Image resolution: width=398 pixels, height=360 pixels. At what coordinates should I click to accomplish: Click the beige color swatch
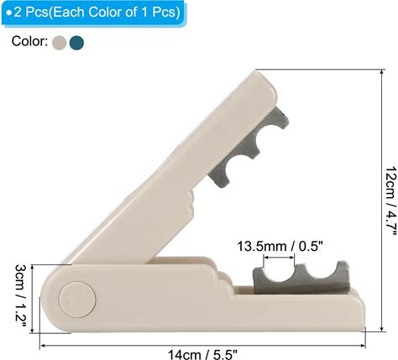coord(59,43)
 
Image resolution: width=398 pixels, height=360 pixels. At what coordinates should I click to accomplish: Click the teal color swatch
coord(76,43)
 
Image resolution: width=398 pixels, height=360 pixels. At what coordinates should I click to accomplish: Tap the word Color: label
coord(29,41)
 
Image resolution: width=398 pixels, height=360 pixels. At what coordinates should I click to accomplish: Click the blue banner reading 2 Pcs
coord(94,13)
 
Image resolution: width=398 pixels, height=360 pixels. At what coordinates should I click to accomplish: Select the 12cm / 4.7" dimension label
coord(391,201)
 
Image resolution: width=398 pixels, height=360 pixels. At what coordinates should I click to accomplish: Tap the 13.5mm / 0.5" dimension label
coord(280,247)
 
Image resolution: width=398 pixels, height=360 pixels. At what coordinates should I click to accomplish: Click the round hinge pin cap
coord(77,300)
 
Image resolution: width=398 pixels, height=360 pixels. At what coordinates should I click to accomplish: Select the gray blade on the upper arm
coord(248,149)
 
